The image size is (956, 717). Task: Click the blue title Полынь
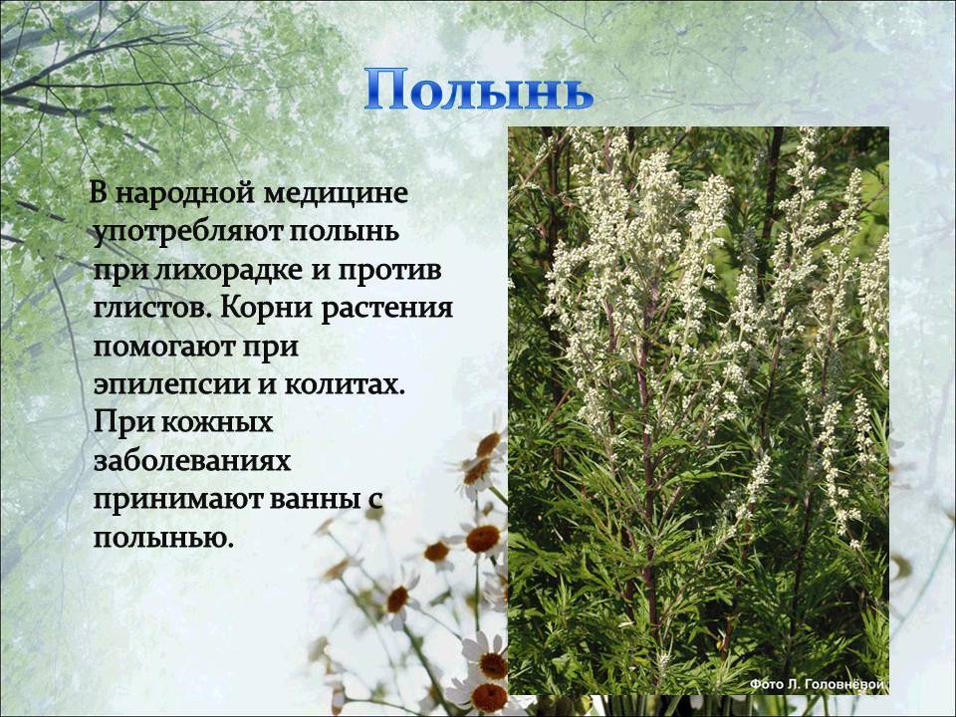(x=479, y=91)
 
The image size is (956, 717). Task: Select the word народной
(x=185, y=194)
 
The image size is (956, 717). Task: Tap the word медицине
(x=337, y=194)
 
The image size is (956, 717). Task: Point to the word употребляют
(x=186, y=233)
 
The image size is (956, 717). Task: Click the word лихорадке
(x=229, y=271)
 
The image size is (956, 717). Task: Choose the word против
(x=389, y=271)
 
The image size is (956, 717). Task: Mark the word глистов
(x=153, y=309)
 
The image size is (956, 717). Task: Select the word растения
(x=386, y=309)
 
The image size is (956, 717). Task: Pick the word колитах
(x=345, y=385)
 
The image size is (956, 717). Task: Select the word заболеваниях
(x=192, y=461)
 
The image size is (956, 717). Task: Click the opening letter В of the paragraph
(x=100, y=193)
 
